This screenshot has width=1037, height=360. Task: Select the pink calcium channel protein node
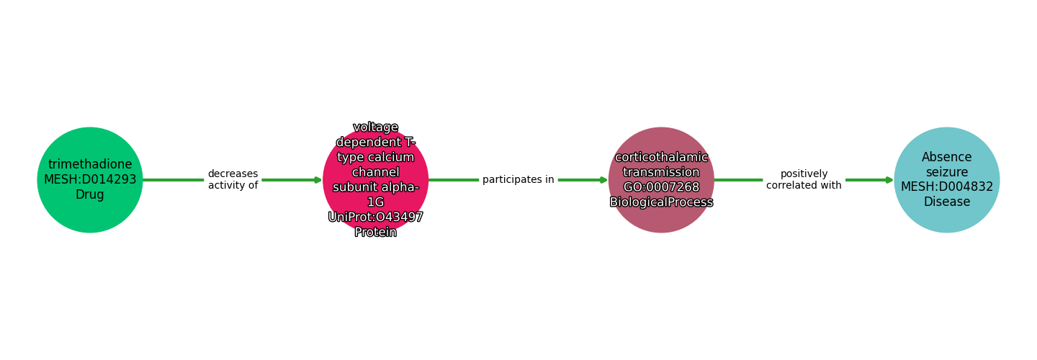tap(376, 180)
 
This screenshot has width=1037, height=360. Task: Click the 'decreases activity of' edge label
tap(233, 180)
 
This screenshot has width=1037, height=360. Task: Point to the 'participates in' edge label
tap(518, 180)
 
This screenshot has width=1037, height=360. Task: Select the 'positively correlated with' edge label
tap(804, 180)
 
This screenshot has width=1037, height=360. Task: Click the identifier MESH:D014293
tap(90, 180)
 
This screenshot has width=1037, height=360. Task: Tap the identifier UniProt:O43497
tap(376, 217)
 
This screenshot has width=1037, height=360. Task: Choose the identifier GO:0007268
tap(661, 187)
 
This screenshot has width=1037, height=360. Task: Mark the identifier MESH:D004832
tap(947, 187)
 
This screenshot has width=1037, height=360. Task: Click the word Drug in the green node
tap(90, 195)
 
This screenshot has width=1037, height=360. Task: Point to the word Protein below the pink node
tap(376, 232)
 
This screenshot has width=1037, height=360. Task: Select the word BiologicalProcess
tap(661, 202)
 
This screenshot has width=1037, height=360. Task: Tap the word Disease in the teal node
tap(947, 202)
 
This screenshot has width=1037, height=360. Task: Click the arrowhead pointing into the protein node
tap(318, 180)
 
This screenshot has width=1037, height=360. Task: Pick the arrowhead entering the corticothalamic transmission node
tap(603, 180)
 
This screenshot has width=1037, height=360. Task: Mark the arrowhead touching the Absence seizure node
tap(889, 180)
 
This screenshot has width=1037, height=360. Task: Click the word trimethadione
tap(90, 165)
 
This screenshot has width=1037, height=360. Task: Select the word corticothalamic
tap(661, 158)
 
